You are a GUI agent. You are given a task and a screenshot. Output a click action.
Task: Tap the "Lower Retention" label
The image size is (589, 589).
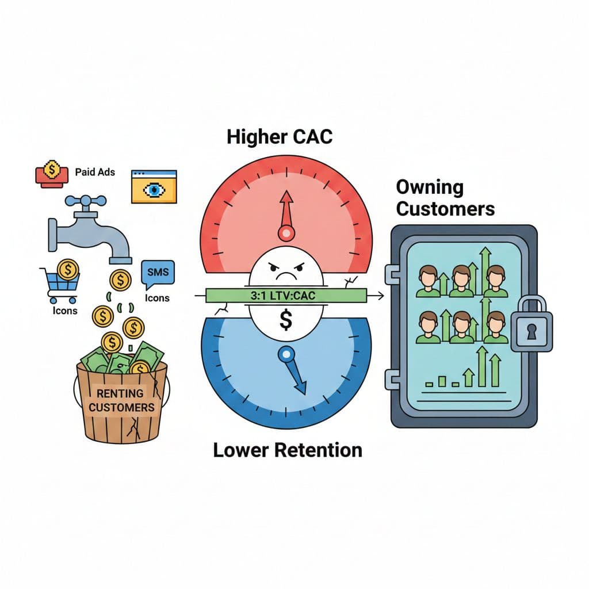pyautogui.click(x=288, y=450)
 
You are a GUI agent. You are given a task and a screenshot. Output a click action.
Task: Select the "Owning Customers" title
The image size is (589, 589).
pyautogui.click(x=445, y=197)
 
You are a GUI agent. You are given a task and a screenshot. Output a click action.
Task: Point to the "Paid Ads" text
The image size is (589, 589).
pyautogui.click(x=95, y=172)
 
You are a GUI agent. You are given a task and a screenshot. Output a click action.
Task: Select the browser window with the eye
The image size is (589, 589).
pyautogui.click(x=154, y=186)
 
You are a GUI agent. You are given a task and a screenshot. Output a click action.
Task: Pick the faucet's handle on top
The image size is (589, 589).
pyautogui.click(x=85, y=201)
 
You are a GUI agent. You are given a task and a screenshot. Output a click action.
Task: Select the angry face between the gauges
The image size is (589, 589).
pyautogui.click(x=285, y=270)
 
